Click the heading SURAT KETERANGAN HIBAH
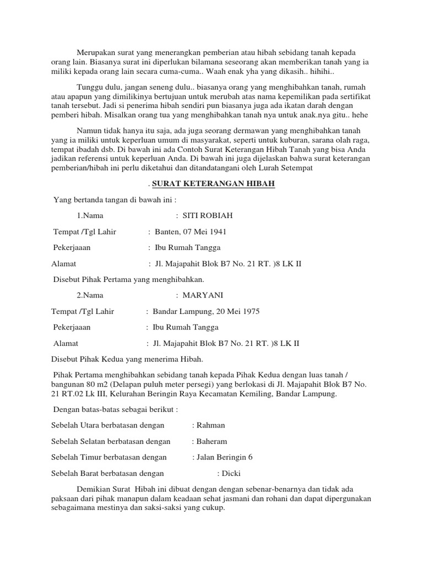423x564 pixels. (x=213, y=183)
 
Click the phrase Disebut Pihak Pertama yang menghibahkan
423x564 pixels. (x=128, y=279)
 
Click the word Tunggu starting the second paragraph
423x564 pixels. (x=90, y=88)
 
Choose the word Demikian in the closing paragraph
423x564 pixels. (x=94, y=489)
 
